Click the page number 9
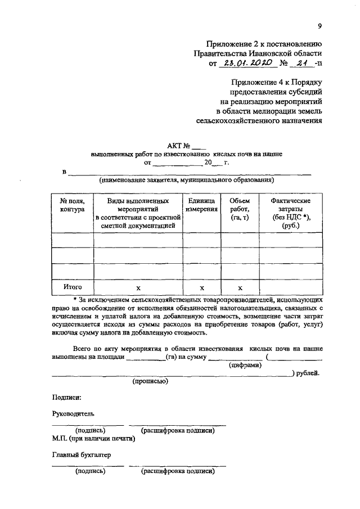coord(319,26)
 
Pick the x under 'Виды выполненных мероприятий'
coord(138,287)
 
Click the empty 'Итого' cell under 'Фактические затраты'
coord(290,287)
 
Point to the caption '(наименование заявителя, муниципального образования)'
coord(186,181)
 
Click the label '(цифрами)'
coord(245,365)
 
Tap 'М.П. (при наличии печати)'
coord(93,438)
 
